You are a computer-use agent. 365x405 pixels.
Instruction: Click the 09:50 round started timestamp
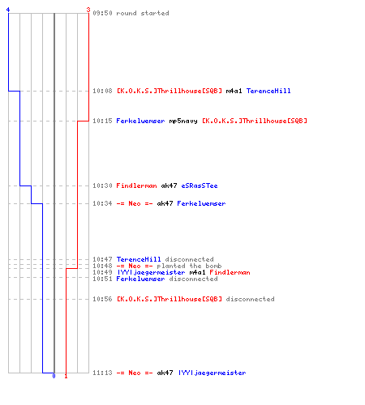[x=102, y=13]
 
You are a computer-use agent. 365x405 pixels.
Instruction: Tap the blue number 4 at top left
[x=8, y=10]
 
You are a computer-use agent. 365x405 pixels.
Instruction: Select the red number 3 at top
[x=88, y=10]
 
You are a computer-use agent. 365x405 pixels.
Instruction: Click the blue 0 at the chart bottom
[x=54, y=376]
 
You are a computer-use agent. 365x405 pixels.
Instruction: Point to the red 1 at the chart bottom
[x=66, y=376]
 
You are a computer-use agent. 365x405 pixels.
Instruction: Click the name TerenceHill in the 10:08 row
[x=268, y=91]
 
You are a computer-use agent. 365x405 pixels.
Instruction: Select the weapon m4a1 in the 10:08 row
[x=234, y=91]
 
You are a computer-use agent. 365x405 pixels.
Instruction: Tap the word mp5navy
[x=183, y=121]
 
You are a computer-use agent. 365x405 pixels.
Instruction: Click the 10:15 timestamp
[x=102, y=121]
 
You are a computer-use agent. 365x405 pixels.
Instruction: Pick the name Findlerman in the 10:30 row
[x=136, y=185]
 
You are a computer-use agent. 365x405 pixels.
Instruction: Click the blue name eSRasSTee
[x=200, y=185]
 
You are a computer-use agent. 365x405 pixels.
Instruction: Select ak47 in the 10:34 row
[x=165, y=203]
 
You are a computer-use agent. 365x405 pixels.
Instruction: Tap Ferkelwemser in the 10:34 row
[x=201, y=203]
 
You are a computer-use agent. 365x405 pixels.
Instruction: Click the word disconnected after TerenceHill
[x=189, y=259]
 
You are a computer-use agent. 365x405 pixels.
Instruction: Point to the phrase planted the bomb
[x=189, y=266]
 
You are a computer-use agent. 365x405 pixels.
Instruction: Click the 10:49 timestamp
[x=102, y=272]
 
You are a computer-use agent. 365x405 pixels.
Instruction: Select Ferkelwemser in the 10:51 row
[x=140, y=279]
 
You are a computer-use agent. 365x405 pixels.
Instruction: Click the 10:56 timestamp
[x=102, y=299]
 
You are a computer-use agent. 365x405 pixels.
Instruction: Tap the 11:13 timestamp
[x=102, y=373]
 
